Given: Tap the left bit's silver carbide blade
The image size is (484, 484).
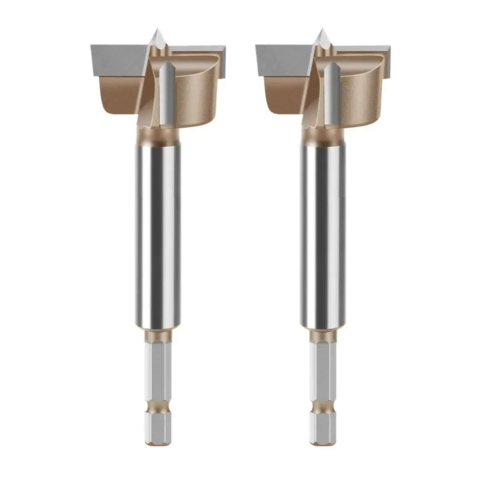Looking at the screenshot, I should pos(116,60).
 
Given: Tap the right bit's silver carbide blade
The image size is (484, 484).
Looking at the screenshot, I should pos(281,60).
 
